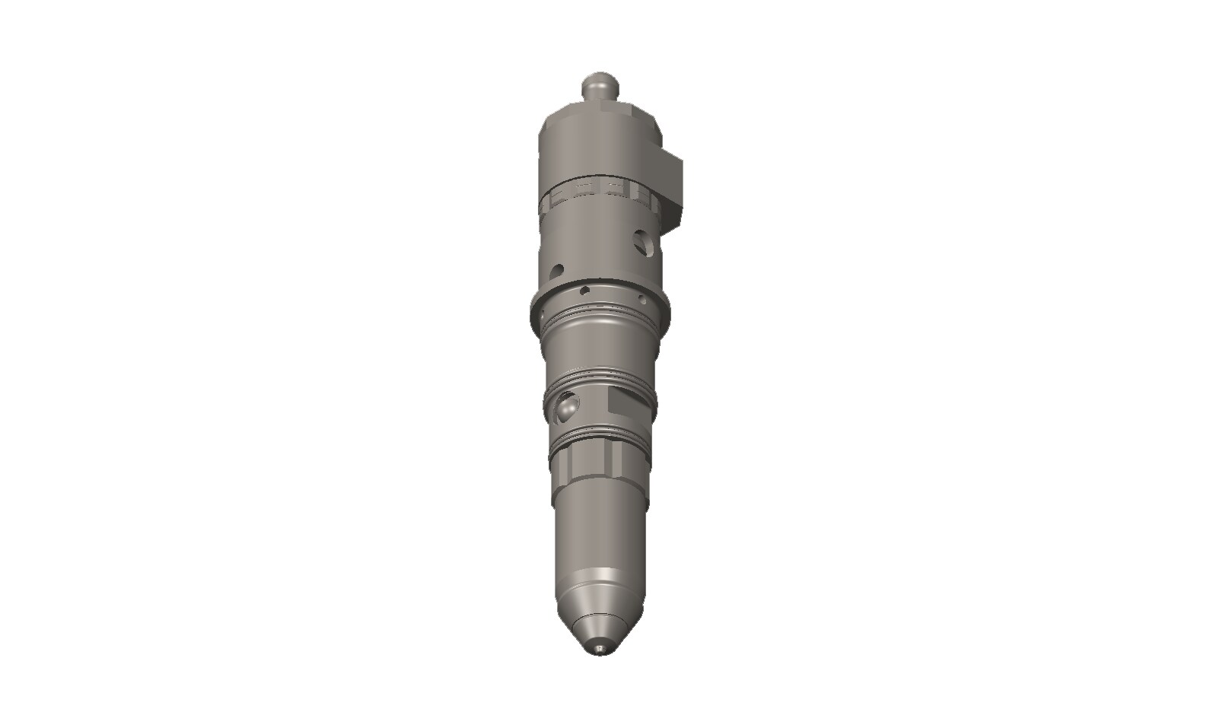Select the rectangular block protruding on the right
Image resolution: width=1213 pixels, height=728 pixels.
point(674,186)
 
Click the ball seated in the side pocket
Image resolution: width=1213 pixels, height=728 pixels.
point(566,405)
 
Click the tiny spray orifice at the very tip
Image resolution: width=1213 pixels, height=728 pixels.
point(601,649)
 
